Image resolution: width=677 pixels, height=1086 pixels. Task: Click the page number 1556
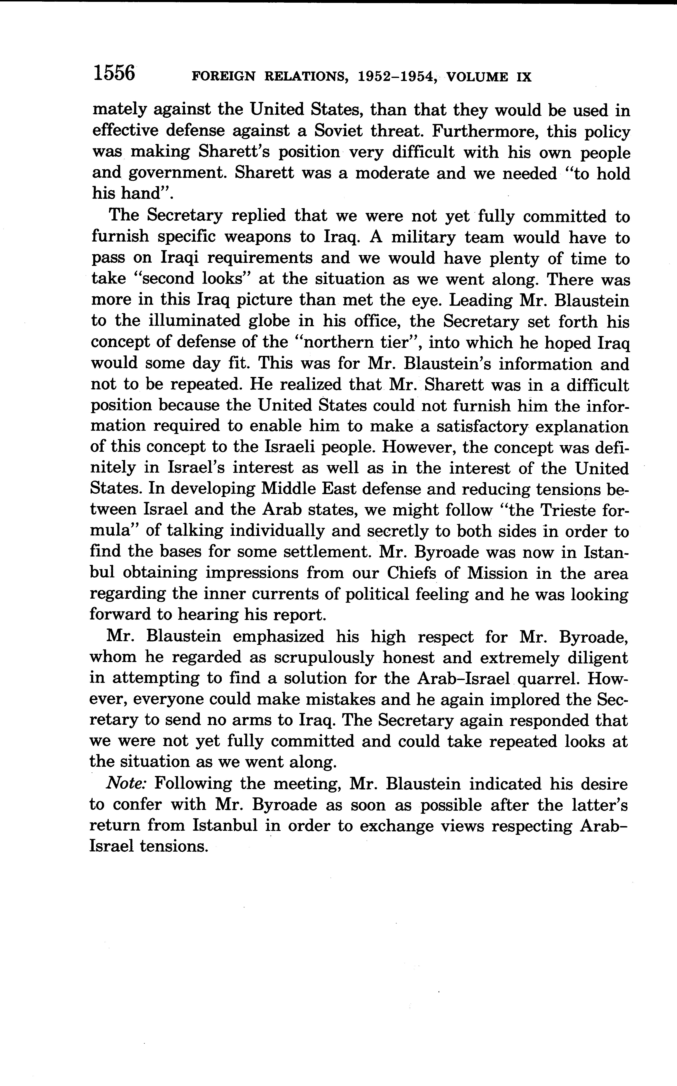[114, 73]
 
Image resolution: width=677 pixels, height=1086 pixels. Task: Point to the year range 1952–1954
[397, 77]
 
